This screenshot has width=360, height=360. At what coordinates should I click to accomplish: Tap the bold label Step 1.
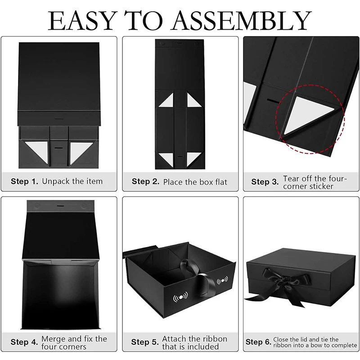point(24,182)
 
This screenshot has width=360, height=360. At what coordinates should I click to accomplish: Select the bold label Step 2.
point(146,182)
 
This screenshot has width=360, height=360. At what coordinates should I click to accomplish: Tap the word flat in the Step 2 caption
point(219,182)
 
